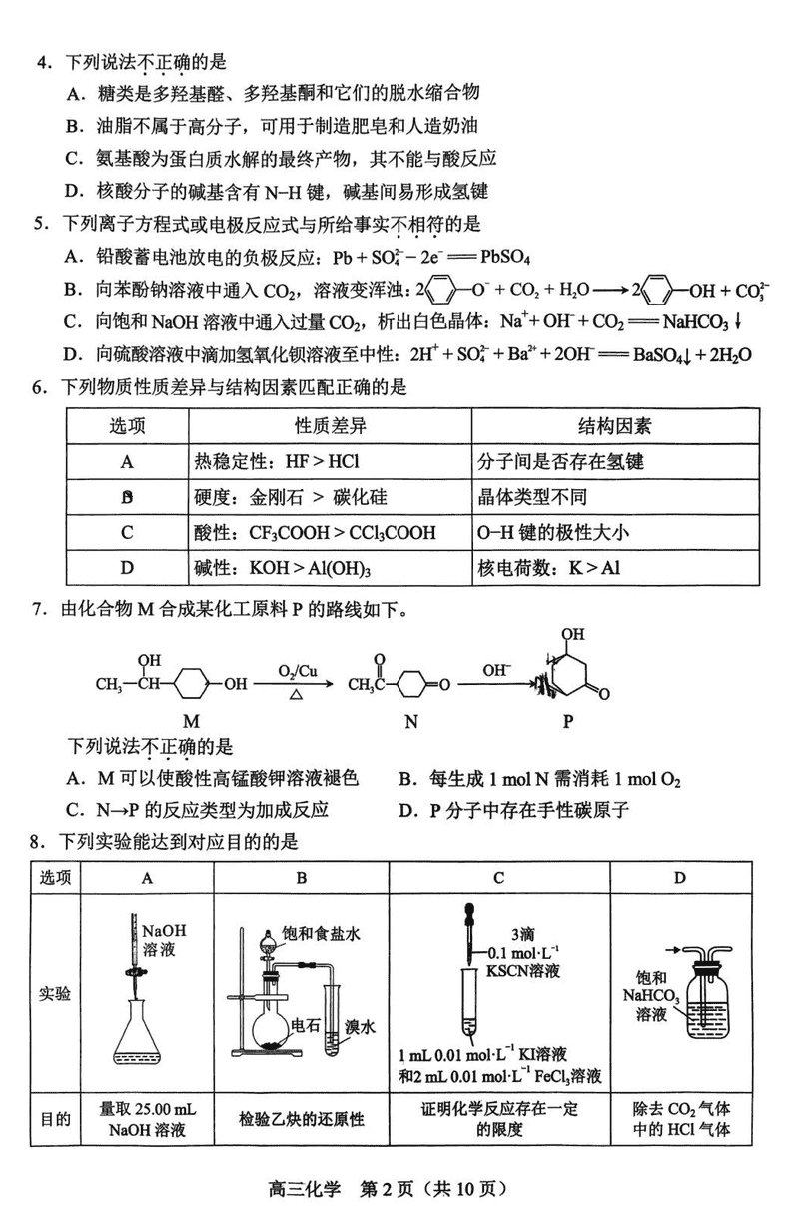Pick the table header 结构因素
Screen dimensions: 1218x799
coord(615,426)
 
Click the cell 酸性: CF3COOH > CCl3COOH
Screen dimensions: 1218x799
coord(316,533)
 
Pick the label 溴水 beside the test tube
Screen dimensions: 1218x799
coord(360,1026)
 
